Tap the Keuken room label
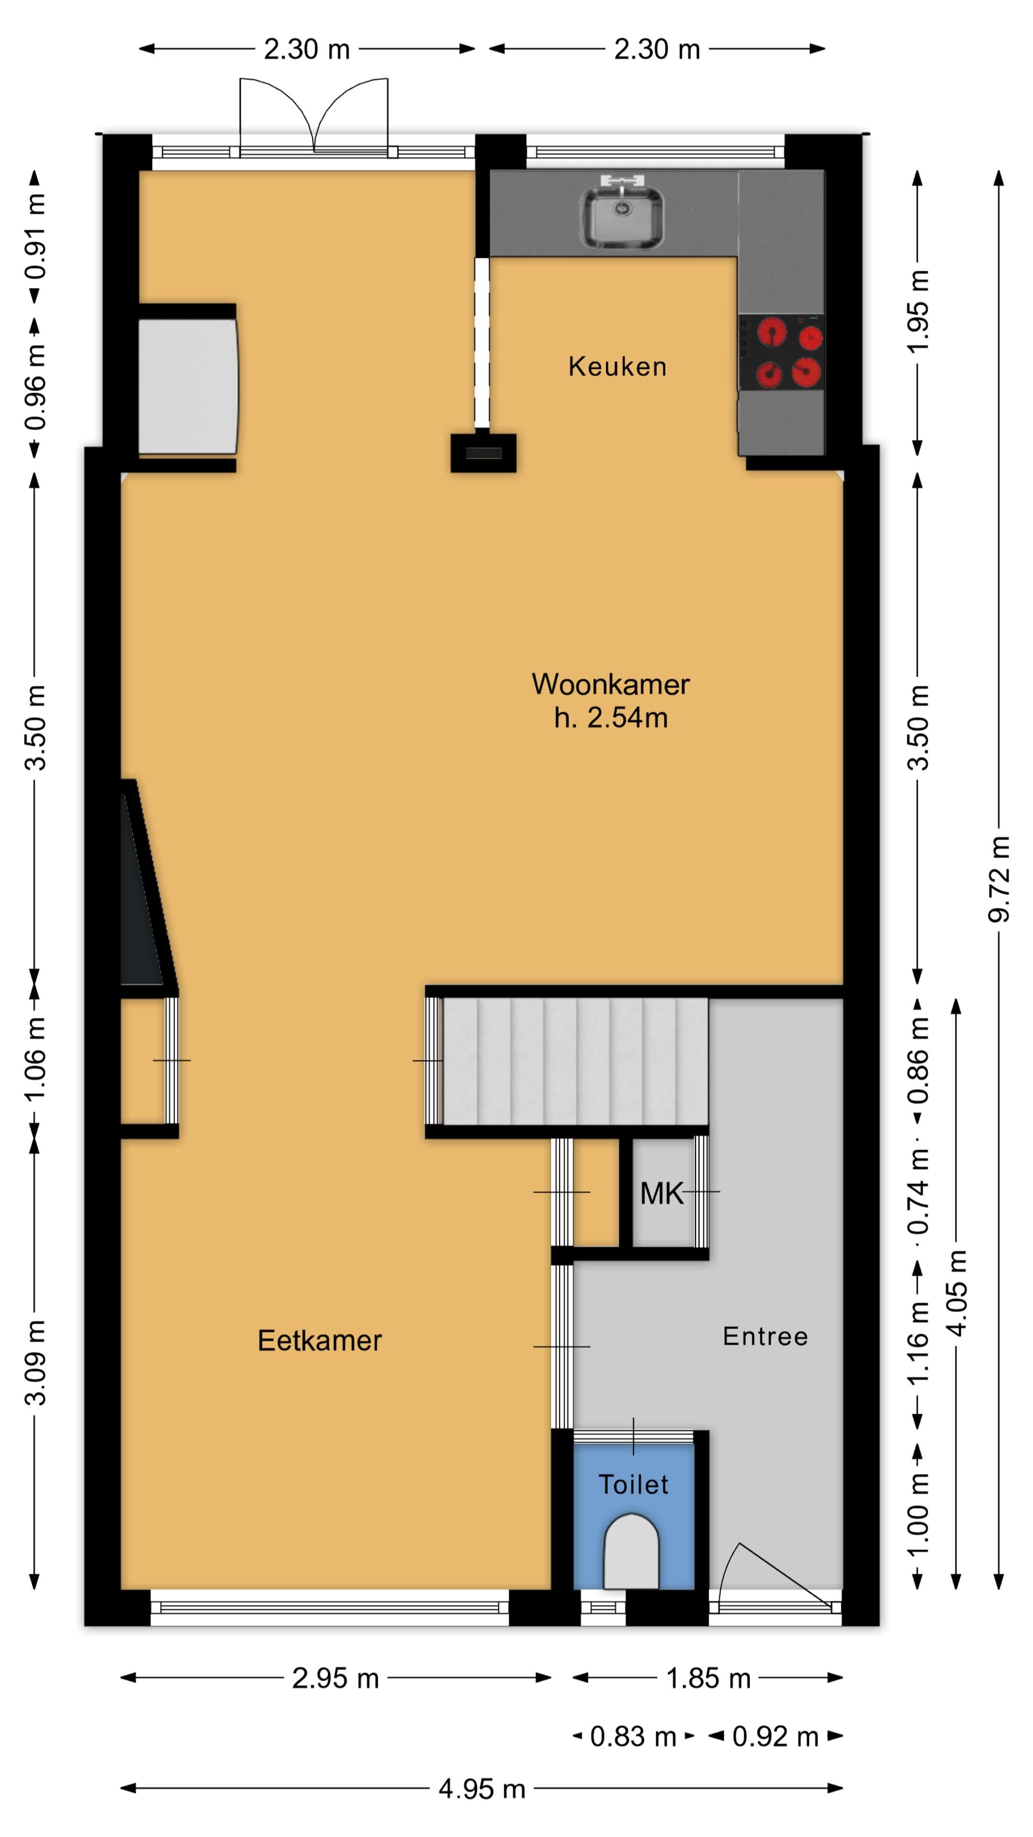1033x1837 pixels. [x=617, y=366]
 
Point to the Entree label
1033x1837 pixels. [x=766, y=1337]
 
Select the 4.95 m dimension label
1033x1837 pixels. [x=482, y=1789]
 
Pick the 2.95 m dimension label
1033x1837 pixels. [x=335, y=1679]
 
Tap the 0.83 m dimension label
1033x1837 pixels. [x=633, y=1737]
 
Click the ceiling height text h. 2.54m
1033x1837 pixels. [x=611, y=718]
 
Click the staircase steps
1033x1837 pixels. [x=575, y=1061]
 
